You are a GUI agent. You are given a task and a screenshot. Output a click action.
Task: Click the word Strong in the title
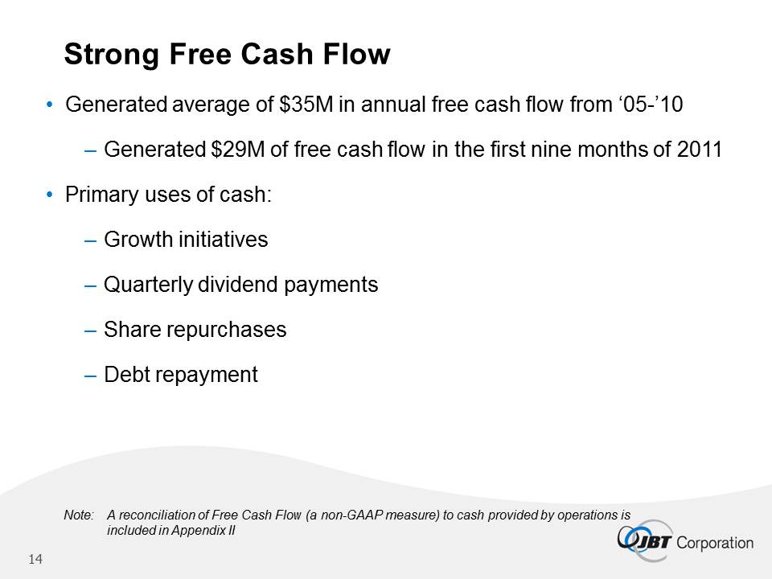(x=111, y=54)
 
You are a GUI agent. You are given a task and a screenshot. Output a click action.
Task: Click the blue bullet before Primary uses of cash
(x=49, y=195)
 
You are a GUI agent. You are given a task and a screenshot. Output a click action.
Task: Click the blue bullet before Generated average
(x=49, y=105)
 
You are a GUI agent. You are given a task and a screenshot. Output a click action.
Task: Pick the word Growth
(x=138, y=240)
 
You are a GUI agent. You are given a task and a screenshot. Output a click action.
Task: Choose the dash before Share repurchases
(x=90, y=331)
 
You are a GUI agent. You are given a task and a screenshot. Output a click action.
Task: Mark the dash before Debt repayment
(x=90, y=376)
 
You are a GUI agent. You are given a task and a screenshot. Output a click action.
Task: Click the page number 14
(x=35, y=560)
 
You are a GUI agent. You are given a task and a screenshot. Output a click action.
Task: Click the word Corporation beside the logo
(x=715, y=543)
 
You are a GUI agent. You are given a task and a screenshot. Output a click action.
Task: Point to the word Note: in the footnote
(x=79, y=515)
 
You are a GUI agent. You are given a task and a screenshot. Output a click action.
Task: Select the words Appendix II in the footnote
(x=203, y=530)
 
